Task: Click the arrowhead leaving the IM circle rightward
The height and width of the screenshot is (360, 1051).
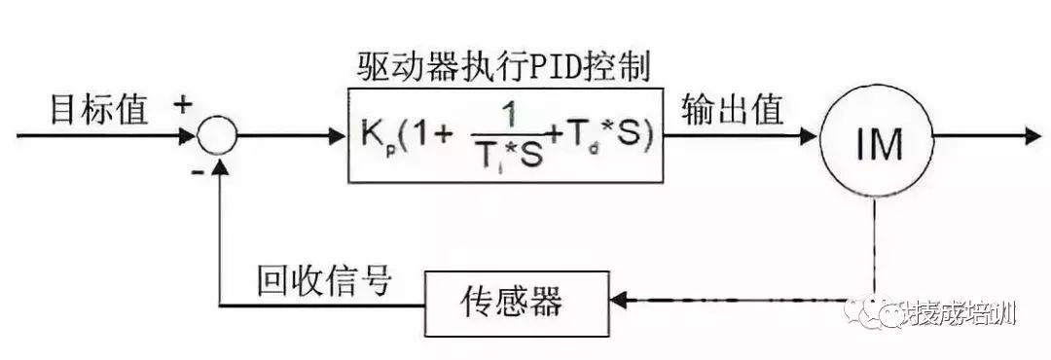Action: tap(1030, 137)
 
